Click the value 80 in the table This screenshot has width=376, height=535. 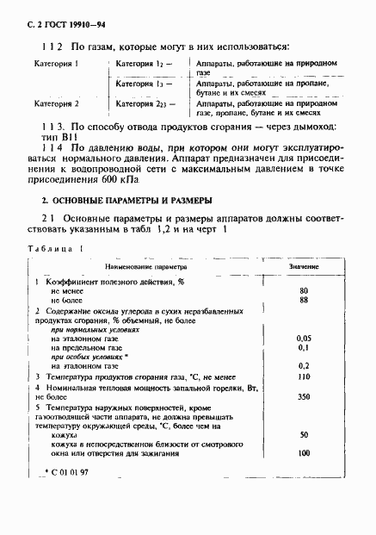pyautogui.click(x=303, y=290)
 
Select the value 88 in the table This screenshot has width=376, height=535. pyautogui.click(x=303, y=300)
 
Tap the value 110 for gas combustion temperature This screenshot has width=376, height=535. pyautogui.click(x=303, y=376)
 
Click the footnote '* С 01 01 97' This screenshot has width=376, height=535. pyautogui.click(x=65, y=474)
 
